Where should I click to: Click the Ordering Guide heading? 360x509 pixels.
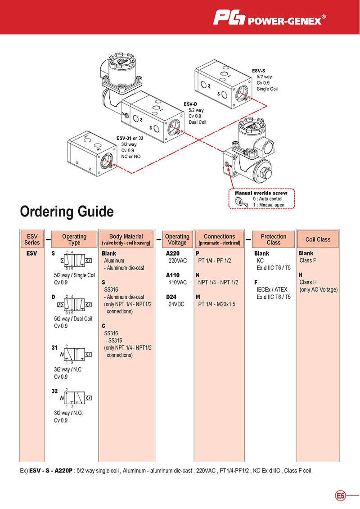coord(67,211)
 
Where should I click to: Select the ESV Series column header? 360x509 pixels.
coord(32,239)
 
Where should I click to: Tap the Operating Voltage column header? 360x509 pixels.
coord(177,239)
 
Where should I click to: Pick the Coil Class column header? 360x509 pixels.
coord(318,239)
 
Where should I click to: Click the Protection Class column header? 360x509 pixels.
coord(273,239)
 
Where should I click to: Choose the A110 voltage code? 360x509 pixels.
coord(173,275)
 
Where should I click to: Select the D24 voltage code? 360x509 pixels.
coord(172,297)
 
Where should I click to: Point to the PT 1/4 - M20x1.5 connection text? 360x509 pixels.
coord(217,304)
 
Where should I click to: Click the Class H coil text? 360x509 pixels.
coord(308,282)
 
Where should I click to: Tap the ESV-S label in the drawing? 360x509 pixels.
coord(259,71)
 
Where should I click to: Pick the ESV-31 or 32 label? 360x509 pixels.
coord(130,138)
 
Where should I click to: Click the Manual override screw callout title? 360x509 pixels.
coord(261,193)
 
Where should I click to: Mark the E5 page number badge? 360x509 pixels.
coord(341,496)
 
